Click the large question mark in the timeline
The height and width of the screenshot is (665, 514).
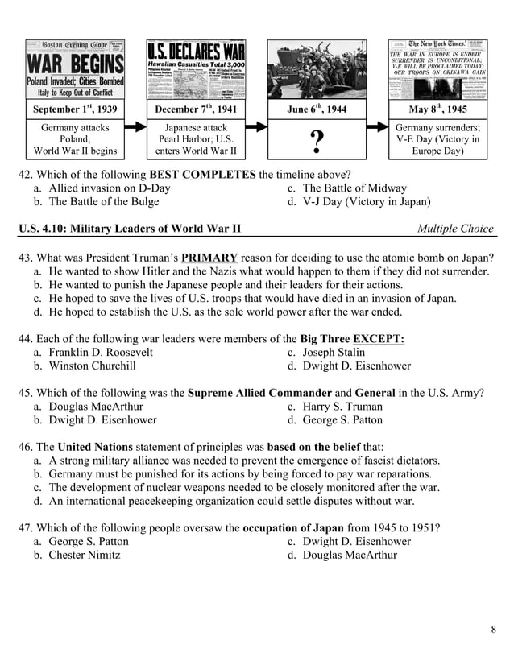317,142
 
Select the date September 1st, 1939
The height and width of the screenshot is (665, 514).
75,109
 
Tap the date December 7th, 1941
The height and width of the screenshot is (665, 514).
196,109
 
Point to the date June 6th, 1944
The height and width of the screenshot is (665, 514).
317,109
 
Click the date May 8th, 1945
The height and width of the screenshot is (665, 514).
437,109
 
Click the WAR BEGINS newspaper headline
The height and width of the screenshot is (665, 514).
76,64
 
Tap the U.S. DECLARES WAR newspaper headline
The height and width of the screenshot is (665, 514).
196,50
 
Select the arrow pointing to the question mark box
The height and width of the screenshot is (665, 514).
256,127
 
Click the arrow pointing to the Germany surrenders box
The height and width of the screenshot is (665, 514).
377,127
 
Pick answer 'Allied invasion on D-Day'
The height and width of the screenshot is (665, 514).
109,188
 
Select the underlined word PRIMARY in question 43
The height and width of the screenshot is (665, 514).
209,258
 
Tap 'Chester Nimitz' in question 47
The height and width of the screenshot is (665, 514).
84,555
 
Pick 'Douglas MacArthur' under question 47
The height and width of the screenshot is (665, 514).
350,555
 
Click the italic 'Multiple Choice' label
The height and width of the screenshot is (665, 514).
455,229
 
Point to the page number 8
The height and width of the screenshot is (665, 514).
492,629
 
